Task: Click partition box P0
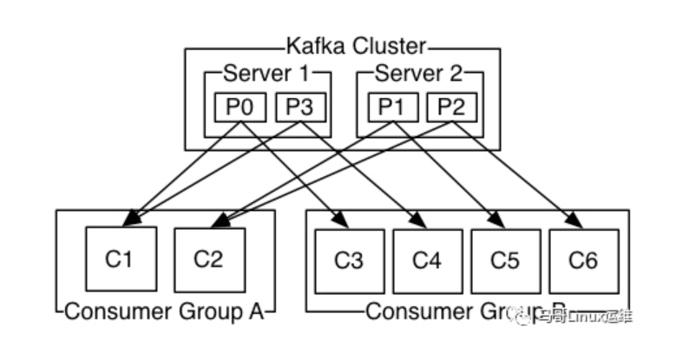click(x=240, y=108)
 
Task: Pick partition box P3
click(x=299, y=108)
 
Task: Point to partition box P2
click(x=450, y=108)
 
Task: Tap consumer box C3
click(x=349, y=259)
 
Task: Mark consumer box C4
click(x=427, y=259)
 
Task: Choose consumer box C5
click(x=505, y=259)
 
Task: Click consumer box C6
click(x=583, y=259)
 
